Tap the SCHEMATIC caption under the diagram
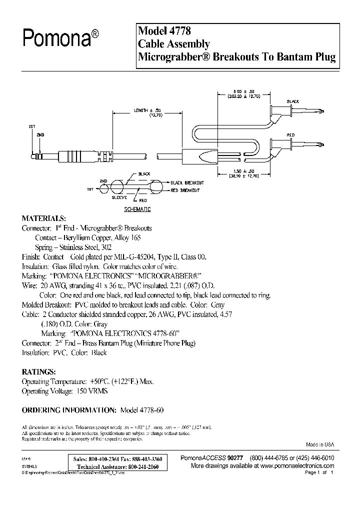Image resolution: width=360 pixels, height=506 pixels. [137, 209]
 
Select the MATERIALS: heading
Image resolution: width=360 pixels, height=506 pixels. [43, 218]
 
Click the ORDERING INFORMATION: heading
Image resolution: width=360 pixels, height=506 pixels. [69, 410]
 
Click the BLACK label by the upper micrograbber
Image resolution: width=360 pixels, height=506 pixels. [293, 102]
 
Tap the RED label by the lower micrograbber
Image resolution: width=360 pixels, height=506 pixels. [291, 135]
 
